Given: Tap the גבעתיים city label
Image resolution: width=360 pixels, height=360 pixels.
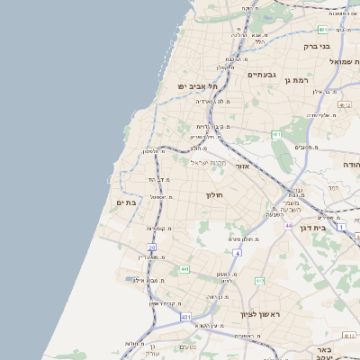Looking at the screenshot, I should point(260,75).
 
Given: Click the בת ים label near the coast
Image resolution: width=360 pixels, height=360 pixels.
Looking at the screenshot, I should point(126,202).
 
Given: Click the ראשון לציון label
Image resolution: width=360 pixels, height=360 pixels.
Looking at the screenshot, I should point(260,314).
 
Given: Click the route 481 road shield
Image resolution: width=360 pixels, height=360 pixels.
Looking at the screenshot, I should point(321,30).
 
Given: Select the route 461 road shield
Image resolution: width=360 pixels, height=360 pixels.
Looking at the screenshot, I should point(276,134).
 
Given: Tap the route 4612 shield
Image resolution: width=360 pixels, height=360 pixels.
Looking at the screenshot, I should point(344,104).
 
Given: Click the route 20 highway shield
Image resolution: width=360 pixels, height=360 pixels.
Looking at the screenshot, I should point(152,247).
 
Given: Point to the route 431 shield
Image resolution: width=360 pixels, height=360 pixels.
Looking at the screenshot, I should point(185,317).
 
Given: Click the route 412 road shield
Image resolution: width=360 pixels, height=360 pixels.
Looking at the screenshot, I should point(259,281).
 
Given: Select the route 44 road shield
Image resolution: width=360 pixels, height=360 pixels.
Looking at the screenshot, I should point(288,226).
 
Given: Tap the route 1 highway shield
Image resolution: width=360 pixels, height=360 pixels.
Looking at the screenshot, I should point(341,226).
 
